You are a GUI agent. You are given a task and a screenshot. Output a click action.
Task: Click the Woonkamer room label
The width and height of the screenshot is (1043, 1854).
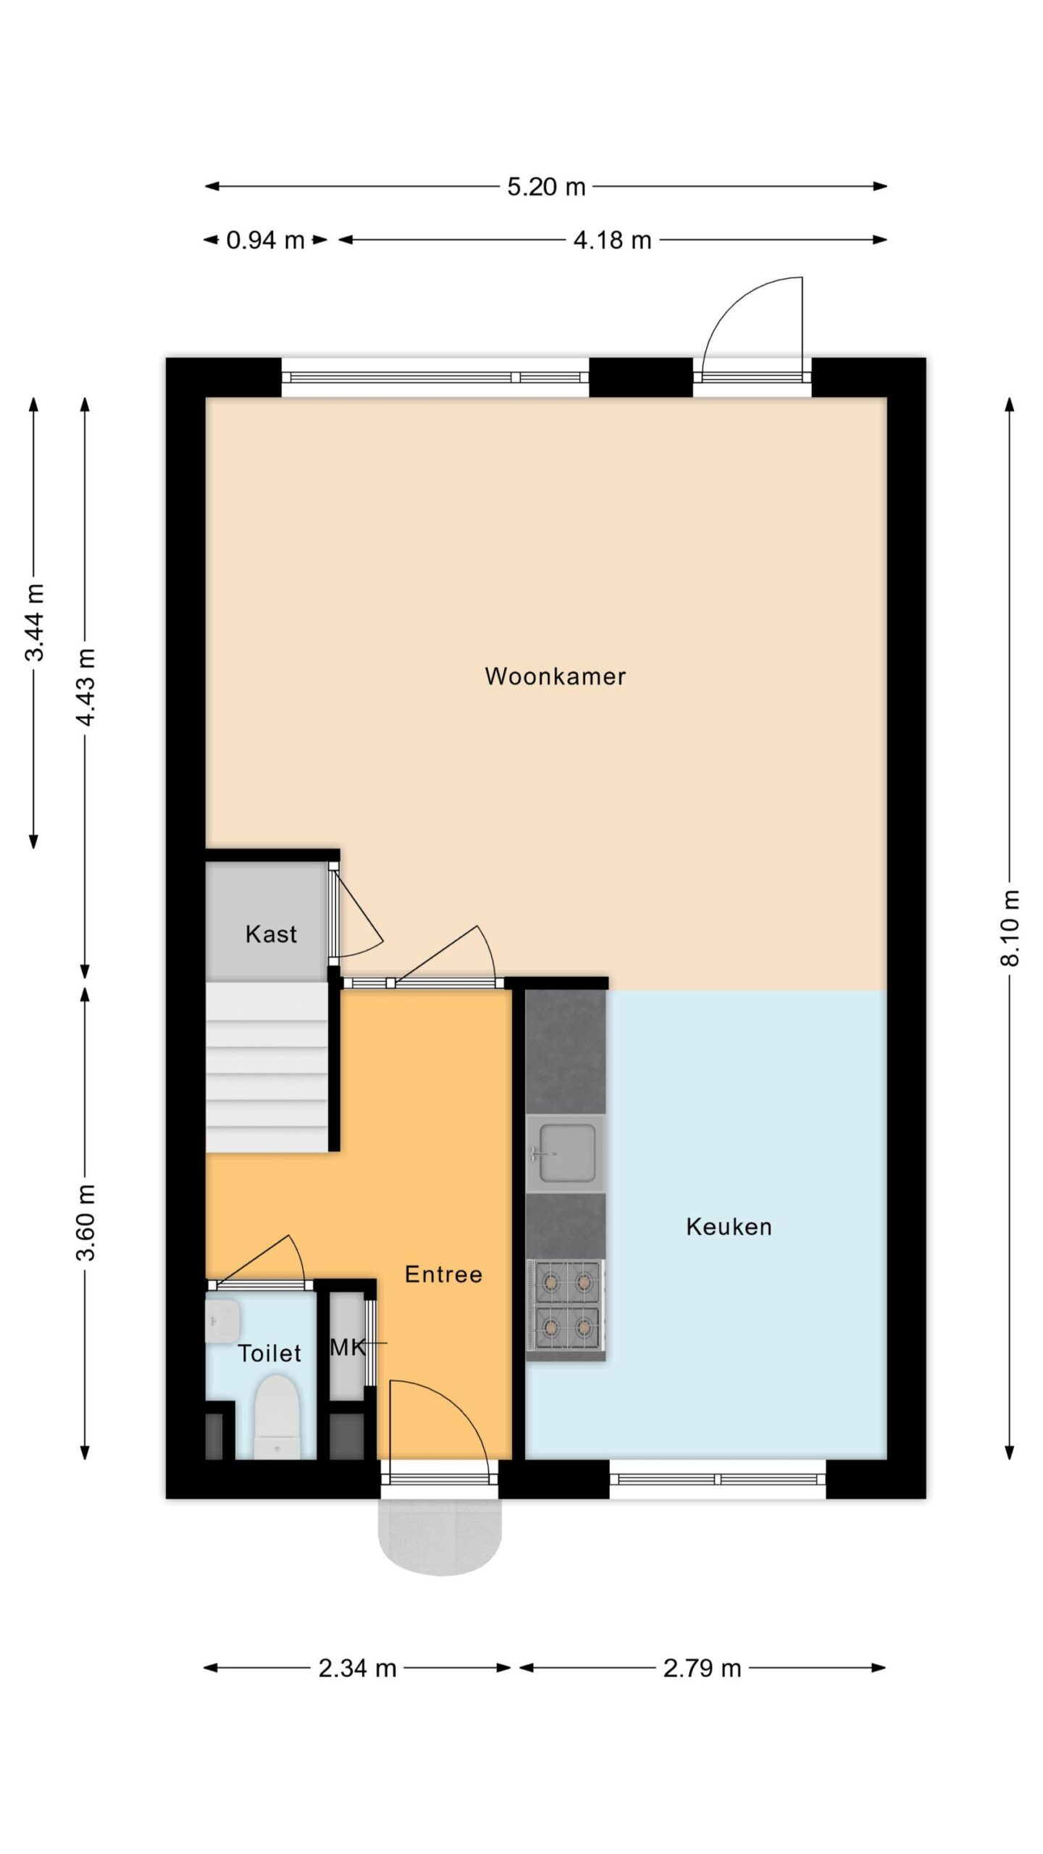[555, 676]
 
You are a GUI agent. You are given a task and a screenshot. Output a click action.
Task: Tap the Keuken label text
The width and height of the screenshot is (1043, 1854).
[729, 1227]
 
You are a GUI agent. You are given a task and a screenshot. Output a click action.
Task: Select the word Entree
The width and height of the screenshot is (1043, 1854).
[443, 1274]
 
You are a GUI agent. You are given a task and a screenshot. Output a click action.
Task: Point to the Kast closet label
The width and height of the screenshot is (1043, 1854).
[271, 934]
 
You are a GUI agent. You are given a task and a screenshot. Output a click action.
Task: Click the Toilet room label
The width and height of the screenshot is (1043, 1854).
[269, 1353]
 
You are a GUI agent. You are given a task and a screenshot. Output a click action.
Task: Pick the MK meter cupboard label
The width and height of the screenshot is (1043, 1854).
[348, 1347]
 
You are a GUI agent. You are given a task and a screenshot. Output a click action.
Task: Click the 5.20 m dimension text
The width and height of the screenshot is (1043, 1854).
[546, 187]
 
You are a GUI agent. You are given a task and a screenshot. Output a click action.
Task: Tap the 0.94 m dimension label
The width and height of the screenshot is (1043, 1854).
[265, 240]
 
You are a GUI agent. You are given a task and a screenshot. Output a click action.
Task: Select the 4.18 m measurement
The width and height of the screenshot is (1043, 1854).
[612, 240]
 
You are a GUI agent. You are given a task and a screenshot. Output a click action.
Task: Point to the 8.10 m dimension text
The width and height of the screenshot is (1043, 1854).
[1010, 928]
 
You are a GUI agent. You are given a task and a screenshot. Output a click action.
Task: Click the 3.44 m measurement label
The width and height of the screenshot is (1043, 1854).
[34, 623]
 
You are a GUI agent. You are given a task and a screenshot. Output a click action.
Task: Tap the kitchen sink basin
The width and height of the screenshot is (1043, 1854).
[565, 1154]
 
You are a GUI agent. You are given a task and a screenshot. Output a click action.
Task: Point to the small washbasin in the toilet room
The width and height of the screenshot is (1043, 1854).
[222, 1321]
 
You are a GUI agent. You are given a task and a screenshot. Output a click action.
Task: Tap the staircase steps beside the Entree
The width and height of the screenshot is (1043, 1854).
[267, 1067]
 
